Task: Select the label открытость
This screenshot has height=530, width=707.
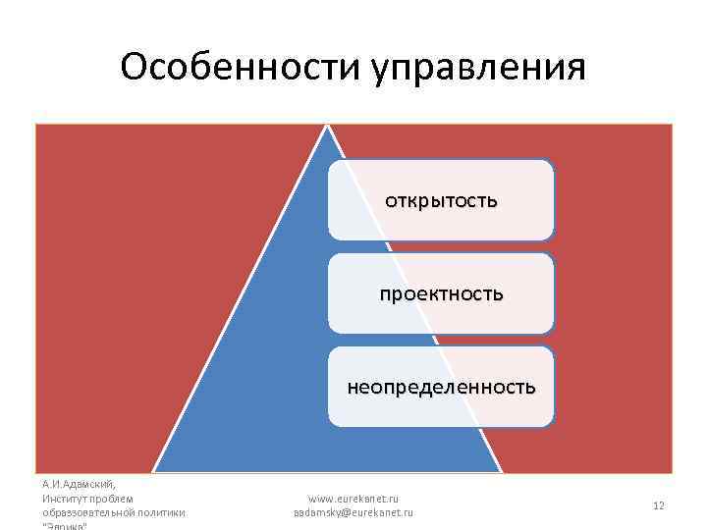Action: coord(441,201)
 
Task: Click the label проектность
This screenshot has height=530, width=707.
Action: coord(442,293)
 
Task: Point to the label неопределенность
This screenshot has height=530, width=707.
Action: coord(441,387)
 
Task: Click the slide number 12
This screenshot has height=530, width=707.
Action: coord(659,505)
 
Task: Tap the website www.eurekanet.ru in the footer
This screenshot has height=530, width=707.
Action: coord(353,499)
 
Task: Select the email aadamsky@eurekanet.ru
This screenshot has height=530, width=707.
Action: coord(353,512)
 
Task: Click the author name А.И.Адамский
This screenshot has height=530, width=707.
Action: coord(80,484)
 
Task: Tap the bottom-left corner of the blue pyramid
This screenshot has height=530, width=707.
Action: coord(155,471)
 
